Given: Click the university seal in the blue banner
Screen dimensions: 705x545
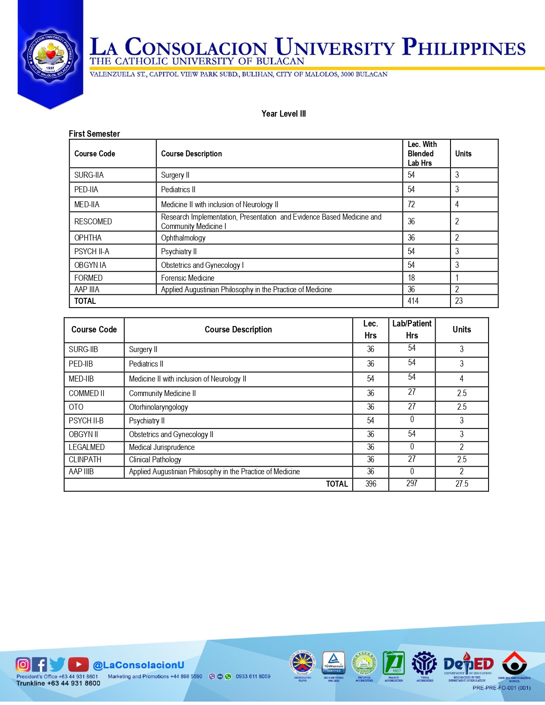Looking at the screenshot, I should pos(50,55).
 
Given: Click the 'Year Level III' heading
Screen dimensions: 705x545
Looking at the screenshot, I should pos(283,114).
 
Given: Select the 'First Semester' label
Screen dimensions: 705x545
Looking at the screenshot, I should pos(94,134).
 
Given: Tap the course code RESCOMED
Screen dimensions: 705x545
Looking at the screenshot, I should pos(93,221).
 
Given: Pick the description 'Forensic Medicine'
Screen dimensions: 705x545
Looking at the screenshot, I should pos(188,278).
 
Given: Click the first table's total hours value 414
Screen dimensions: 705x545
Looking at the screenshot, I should pos(413,301).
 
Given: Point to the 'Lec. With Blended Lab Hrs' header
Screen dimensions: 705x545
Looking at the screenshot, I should pos(422,153).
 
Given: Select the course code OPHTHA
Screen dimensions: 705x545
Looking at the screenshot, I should pos(88,238).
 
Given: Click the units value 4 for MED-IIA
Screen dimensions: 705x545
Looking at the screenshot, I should pos(457,204).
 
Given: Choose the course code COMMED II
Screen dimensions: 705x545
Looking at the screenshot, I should pos(86,393).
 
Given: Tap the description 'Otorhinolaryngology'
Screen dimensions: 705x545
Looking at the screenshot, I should pos(158,407).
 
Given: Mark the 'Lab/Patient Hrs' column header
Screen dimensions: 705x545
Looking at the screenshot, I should pos(412,329).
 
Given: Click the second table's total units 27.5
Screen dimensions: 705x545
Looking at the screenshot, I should pos(462,484).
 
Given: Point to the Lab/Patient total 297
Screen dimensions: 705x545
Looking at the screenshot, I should pos(412,483).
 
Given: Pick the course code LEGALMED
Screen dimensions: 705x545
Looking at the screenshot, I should pos(87,447).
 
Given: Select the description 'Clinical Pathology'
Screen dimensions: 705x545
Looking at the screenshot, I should pos(155,459).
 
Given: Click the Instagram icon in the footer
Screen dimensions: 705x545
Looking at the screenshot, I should pos(23,664).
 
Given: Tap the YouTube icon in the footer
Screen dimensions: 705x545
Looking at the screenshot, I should pos(78,664).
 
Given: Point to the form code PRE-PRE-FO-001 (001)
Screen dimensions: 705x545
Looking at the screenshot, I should pos(501,688).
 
